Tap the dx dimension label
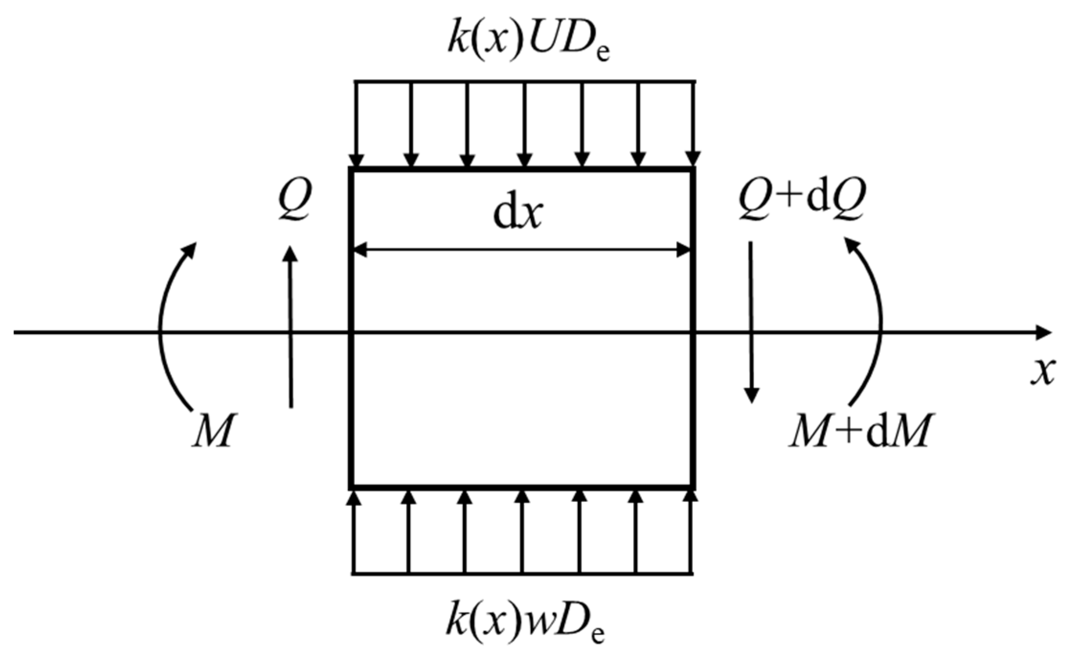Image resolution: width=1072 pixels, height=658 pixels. coord(518,214)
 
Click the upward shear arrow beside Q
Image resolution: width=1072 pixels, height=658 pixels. coord(290,326)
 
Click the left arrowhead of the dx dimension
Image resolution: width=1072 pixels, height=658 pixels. coord(360,250)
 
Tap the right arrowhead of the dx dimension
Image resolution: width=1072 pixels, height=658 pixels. coord(684,250)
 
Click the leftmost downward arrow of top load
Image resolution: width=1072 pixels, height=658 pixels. coord(356,125)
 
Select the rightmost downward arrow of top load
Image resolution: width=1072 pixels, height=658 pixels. coord(693,125)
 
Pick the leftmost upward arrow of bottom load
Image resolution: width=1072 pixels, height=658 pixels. coord(354,532)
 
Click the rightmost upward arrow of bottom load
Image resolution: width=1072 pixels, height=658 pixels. coord(690,532)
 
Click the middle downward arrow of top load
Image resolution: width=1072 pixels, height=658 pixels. coord(525,125)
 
